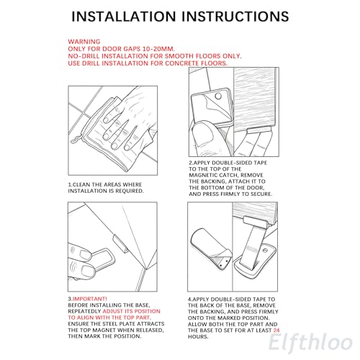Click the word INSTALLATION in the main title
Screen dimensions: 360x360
click(x=124, y=17)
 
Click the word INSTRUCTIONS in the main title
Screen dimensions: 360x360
click(x=235, y=17)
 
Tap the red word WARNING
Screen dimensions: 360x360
click(x=84, y=42)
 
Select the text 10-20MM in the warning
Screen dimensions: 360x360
click(x=158, y=49)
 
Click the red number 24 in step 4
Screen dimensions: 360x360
click(x=276, y=330)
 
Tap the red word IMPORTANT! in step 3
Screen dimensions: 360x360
click(x=89, y=299)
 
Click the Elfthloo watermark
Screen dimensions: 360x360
click(x=310, y=342)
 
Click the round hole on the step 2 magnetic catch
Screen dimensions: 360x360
click(x=218, y=96)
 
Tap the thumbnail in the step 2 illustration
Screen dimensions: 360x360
click(x=203, y=135)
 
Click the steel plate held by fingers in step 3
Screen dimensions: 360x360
click(x=102, y=258)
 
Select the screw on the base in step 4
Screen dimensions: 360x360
click(x=265, y=251)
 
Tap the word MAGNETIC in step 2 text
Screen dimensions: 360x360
click(x=203, y=175)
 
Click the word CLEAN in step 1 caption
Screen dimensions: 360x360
click(x=81, y=184)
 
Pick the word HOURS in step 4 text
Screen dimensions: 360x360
click(x=197, y=336)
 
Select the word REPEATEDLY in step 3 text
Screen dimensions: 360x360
click(x=84, y=311)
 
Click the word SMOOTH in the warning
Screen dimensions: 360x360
click(x=179, y=56)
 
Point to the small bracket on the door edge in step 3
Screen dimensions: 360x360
click(x=120, y=243)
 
